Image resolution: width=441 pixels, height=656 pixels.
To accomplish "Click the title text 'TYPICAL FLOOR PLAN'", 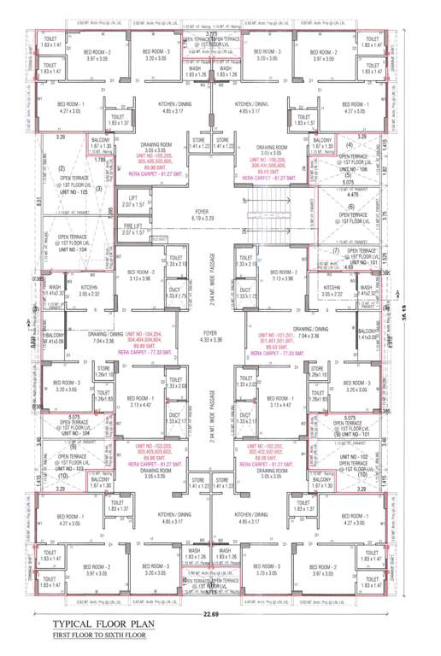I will click(x=103, y=624).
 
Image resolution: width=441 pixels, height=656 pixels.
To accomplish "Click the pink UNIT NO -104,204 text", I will click(x=156, y=340).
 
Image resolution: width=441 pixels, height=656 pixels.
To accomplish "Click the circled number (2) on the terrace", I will click(x=61, y=168).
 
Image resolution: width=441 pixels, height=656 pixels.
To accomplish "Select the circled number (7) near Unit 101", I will click(x=337, y=250).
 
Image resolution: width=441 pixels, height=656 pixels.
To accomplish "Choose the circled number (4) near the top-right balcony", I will click(x=349, y=145).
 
